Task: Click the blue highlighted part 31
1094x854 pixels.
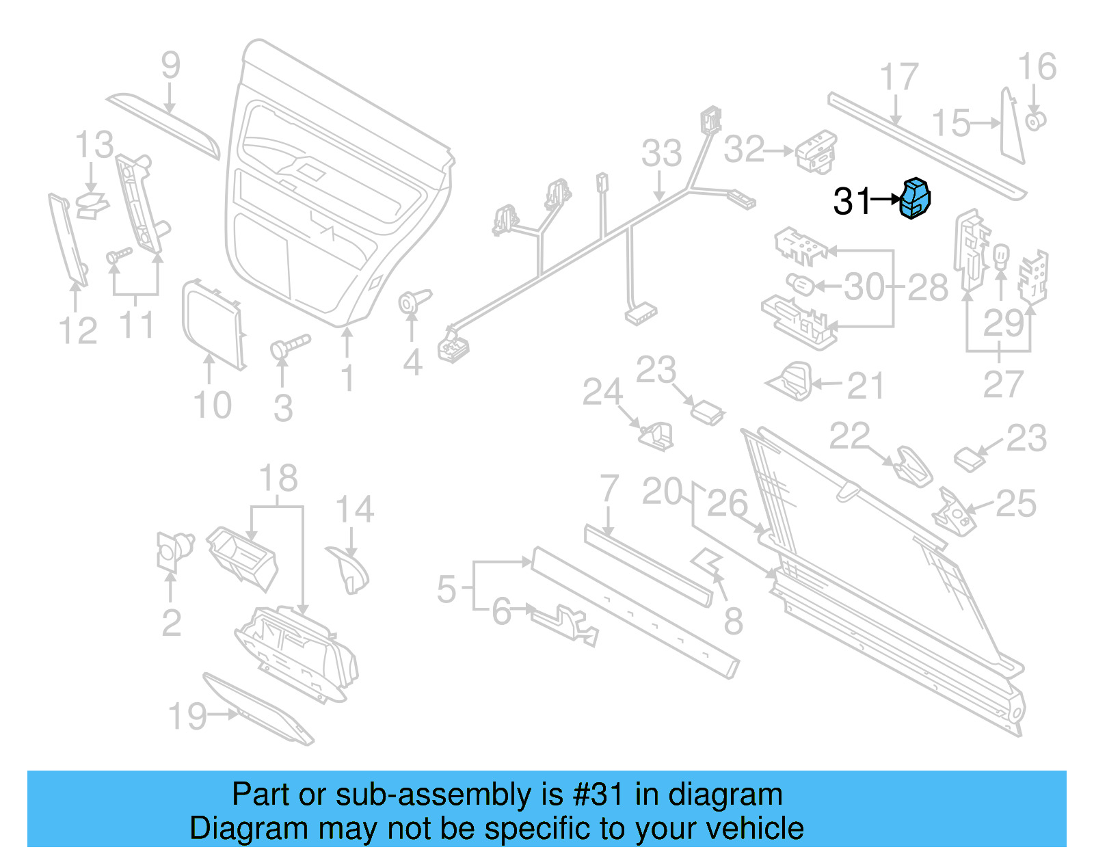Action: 915,198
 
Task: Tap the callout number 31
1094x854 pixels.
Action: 851,201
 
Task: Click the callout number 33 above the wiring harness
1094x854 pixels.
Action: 661,153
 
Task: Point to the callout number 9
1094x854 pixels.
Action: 170,66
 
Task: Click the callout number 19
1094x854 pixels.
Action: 187,716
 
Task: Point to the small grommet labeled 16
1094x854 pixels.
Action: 1035,122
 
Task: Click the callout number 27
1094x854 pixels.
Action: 1002,384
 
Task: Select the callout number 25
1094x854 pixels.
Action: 1015,503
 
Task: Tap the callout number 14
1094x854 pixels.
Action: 354,509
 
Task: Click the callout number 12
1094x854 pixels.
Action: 78,331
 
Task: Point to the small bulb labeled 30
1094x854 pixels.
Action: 799,283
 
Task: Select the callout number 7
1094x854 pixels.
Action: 609,489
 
